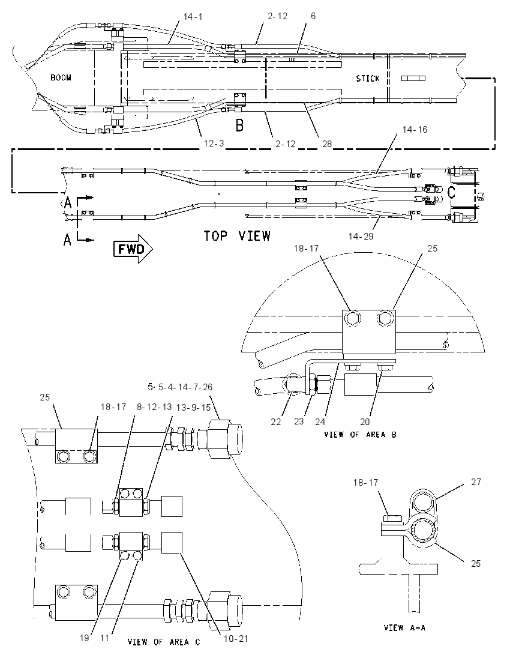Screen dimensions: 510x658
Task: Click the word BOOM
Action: point(61,77)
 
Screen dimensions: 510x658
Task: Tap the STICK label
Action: point(367,79)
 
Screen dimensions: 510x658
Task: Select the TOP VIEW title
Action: point(238,236)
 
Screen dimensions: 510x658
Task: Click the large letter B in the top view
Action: point(239,125)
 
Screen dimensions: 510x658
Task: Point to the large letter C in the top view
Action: point(451,193)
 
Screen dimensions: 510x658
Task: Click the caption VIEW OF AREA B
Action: point(360,434)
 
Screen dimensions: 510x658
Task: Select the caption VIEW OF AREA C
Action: point(164,642)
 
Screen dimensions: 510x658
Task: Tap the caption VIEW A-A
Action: point(405,628)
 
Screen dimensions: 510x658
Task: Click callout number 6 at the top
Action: point(313,16)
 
